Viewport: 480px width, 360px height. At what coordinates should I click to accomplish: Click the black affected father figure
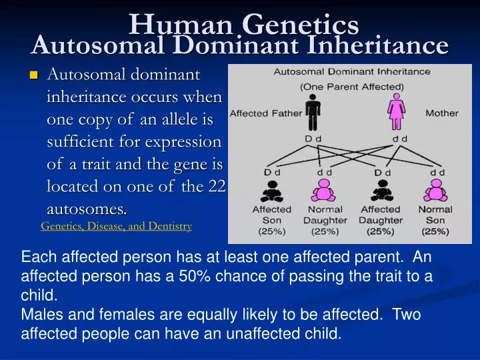[x=313, y=113]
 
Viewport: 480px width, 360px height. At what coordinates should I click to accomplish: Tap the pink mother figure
[x=397, y=112]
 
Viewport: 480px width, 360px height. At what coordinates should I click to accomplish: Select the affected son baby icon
[x=272, y=191]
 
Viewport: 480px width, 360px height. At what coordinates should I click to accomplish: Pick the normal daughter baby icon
[x=323, y=191]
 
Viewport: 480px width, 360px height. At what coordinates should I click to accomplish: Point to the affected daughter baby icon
[x=382, y=191]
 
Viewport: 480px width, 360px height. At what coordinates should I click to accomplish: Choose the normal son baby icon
[x=435, y=191]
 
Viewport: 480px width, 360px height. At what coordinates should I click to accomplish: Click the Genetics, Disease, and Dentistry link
[x=116, y=226]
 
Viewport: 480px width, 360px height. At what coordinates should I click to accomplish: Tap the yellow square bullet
[x=34, y=75]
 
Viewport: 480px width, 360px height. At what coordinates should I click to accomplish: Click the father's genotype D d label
[x=313, y=139]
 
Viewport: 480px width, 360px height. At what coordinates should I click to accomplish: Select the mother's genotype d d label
[x=400, y=139]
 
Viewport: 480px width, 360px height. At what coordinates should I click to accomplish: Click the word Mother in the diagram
[x=442, y=113]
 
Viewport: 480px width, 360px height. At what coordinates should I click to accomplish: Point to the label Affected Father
[x=266, y=113]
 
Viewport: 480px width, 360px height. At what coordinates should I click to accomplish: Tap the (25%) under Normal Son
[x=435, y=231]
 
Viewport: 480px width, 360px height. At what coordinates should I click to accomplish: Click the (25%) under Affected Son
[x=272, y=231]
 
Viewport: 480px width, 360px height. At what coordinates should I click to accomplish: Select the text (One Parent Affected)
[x=352, y=87]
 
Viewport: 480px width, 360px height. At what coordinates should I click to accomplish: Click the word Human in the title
[x=181, y=25]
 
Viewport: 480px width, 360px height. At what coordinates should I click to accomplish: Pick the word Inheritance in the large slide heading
[x=377, y=45]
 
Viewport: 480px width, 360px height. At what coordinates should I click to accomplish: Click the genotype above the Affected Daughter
[x=383, y=173]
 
